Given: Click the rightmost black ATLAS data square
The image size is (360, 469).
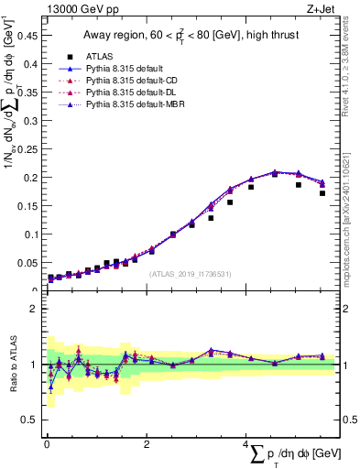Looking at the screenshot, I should [322, 193].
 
